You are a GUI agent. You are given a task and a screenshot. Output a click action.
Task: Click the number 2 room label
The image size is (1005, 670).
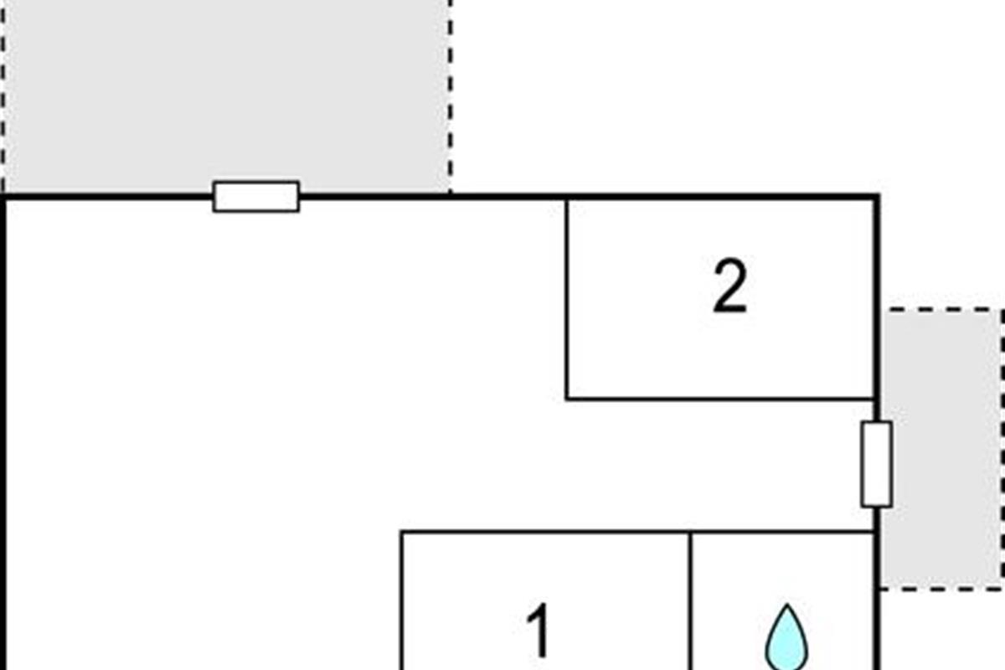click(x=729, y=288)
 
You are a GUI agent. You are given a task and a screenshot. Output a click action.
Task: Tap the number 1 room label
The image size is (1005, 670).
click(x=539, y=632)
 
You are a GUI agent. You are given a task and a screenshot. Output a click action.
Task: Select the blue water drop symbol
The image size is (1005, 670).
click(x=786, y=638)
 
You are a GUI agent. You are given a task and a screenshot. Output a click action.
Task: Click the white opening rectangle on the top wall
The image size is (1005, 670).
click(x=256, y=197)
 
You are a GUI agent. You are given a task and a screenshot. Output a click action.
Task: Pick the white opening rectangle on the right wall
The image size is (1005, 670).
click(x=876, y=464)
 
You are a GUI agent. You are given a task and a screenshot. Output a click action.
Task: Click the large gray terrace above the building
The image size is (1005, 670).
click(x=226, y=92)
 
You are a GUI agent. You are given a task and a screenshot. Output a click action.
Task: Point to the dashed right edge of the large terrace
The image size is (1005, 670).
click(x=450, y=92)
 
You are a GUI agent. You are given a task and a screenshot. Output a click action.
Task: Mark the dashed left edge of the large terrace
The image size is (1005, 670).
click(x=3, y=92)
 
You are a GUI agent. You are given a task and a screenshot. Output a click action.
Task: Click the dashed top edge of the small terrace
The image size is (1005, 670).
click(x=942, y=310)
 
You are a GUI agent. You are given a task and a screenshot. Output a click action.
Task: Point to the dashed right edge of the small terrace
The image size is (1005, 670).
click(x=1002, y=448)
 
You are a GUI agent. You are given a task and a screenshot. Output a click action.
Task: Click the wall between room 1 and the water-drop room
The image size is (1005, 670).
click(x=690, y=599)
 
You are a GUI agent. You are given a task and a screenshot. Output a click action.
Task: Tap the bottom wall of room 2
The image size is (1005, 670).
click(x=720, y=399)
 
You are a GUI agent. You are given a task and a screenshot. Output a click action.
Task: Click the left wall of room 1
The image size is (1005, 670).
click(x=402, y=599)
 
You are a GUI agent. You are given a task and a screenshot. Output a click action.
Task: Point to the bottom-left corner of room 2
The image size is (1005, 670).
click(x=567, y=399)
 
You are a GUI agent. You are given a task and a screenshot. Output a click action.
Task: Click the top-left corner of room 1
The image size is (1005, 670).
click(x=402, y=532)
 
